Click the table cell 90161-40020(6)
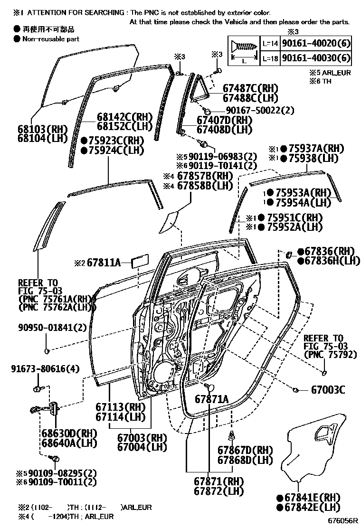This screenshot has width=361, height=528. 316,44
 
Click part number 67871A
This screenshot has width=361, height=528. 211,399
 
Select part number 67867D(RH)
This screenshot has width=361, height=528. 246,450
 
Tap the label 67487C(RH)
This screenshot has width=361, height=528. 250,88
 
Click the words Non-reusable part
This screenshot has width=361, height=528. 51,39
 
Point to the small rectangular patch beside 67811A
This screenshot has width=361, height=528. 141,261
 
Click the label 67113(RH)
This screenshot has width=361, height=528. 120,407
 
